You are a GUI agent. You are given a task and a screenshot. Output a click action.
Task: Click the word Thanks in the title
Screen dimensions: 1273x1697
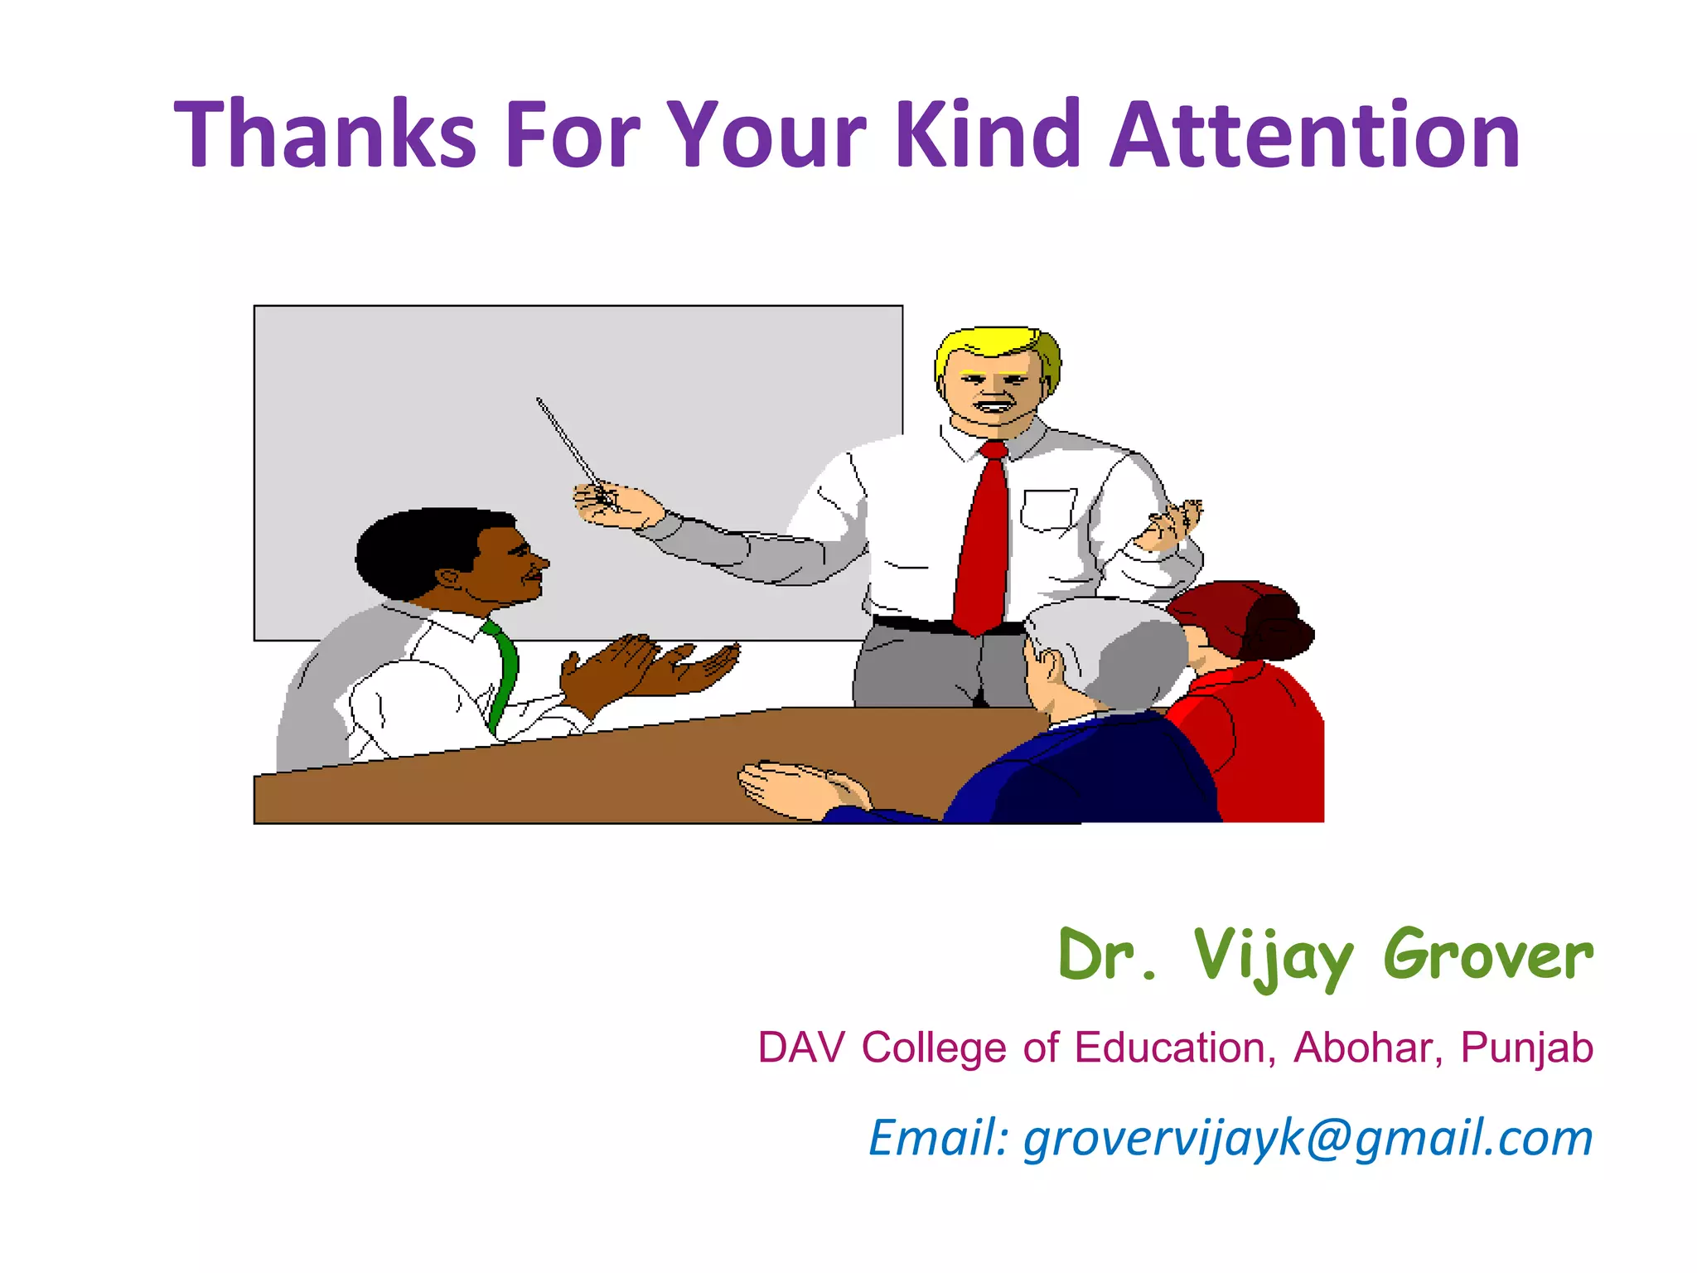325,134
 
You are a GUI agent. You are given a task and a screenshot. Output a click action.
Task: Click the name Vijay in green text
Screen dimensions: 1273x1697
1273,956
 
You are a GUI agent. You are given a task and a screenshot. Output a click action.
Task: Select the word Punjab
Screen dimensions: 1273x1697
1526,1049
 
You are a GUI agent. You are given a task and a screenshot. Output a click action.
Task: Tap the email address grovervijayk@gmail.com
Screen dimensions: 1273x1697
1308,1137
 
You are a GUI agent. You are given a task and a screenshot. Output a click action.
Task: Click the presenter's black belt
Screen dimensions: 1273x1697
911,623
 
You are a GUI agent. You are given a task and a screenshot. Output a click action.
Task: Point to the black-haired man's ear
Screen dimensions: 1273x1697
451,577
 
